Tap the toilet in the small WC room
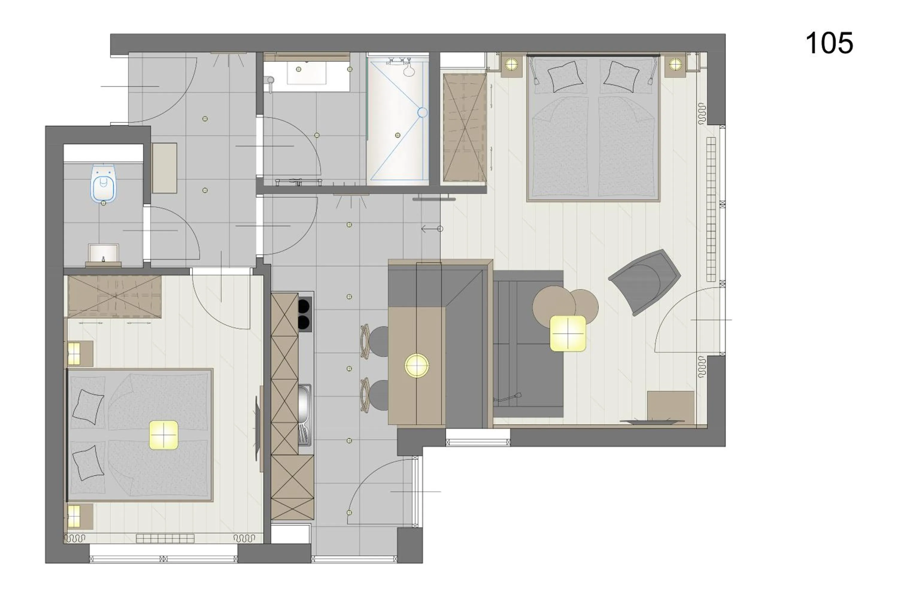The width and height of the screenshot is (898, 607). point(103,183)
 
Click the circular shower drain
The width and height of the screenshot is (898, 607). point(423,113)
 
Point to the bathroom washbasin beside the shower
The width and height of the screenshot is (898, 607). point(307,73)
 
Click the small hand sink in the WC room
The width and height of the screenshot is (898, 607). point(103,254)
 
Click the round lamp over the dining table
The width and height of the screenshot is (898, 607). point(417,365)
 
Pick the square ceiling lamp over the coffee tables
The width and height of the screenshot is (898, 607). point(567,333)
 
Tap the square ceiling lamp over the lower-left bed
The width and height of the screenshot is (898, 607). point(163,435)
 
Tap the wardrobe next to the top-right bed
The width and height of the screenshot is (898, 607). point(465,128)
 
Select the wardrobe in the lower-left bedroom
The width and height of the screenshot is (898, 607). point(114,297)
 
